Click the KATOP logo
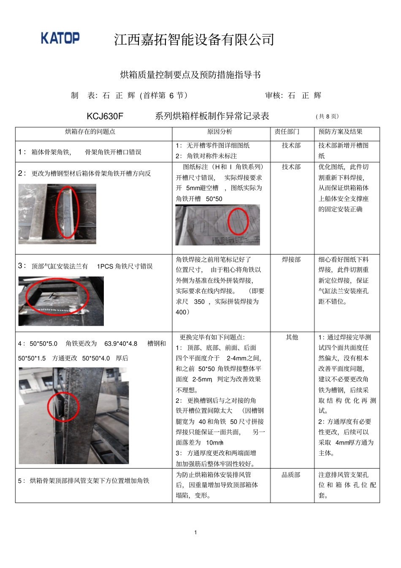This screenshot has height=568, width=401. pos(60,38)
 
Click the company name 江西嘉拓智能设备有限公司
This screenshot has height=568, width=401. pos(194,40)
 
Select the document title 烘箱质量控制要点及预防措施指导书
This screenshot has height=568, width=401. pos(190,75)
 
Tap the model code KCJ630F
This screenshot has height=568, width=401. pos(105,116)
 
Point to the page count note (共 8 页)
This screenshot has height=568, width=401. pos(327,117)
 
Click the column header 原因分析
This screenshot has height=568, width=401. pos(219,132)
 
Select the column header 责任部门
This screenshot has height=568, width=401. pos(287,132)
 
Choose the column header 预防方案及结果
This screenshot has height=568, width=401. pos(340,132)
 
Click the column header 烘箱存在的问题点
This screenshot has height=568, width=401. pos(90,132)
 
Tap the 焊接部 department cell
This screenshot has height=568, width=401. pos(291,259)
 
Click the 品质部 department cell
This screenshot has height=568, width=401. pos(291,475)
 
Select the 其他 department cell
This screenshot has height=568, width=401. pos(292,337)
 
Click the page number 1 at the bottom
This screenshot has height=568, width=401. pos(195,532)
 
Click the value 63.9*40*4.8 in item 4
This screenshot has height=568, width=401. pos(121,344)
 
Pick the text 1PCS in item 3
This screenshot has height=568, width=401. pos(105,266)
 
